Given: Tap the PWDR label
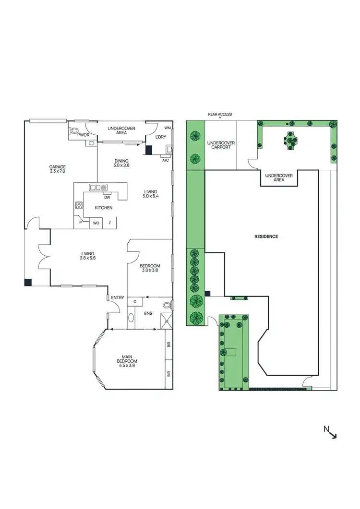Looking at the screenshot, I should (x=78, y=136).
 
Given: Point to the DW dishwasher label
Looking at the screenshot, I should (x=107, y=197).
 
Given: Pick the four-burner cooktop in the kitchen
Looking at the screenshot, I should (x=79, y=206).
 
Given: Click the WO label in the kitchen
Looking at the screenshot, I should (x=96, y=223).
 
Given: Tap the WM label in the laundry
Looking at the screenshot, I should (x=168, y=128).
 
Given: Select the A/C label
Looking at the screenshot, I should (x=166, y=160).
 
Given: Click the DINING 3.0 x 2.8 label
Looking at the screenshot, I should (x=122, y=163).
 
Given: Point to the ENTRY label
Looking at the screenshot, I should (x=118, y=298).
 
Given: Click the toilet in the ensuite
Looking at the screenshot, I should (x=167, y=304).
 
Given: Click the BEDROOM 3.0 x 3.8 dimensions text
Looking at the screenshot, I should (x=150, y=270).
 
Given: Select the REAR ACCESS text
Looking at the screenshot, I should (x=220, y=115).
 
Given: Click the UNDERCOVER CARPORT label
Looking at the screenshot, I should (x=220, y=145).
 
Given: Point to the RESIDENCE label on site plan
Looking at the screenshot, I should (x=266, y=237).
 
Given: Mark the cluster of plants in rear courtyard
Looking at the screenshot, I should (x=291, y=141).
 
